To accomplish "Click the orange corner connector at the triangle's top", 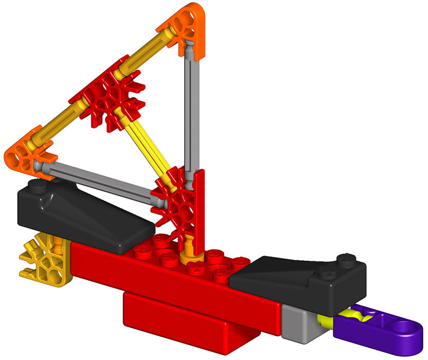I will click(x=182, y=23).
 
